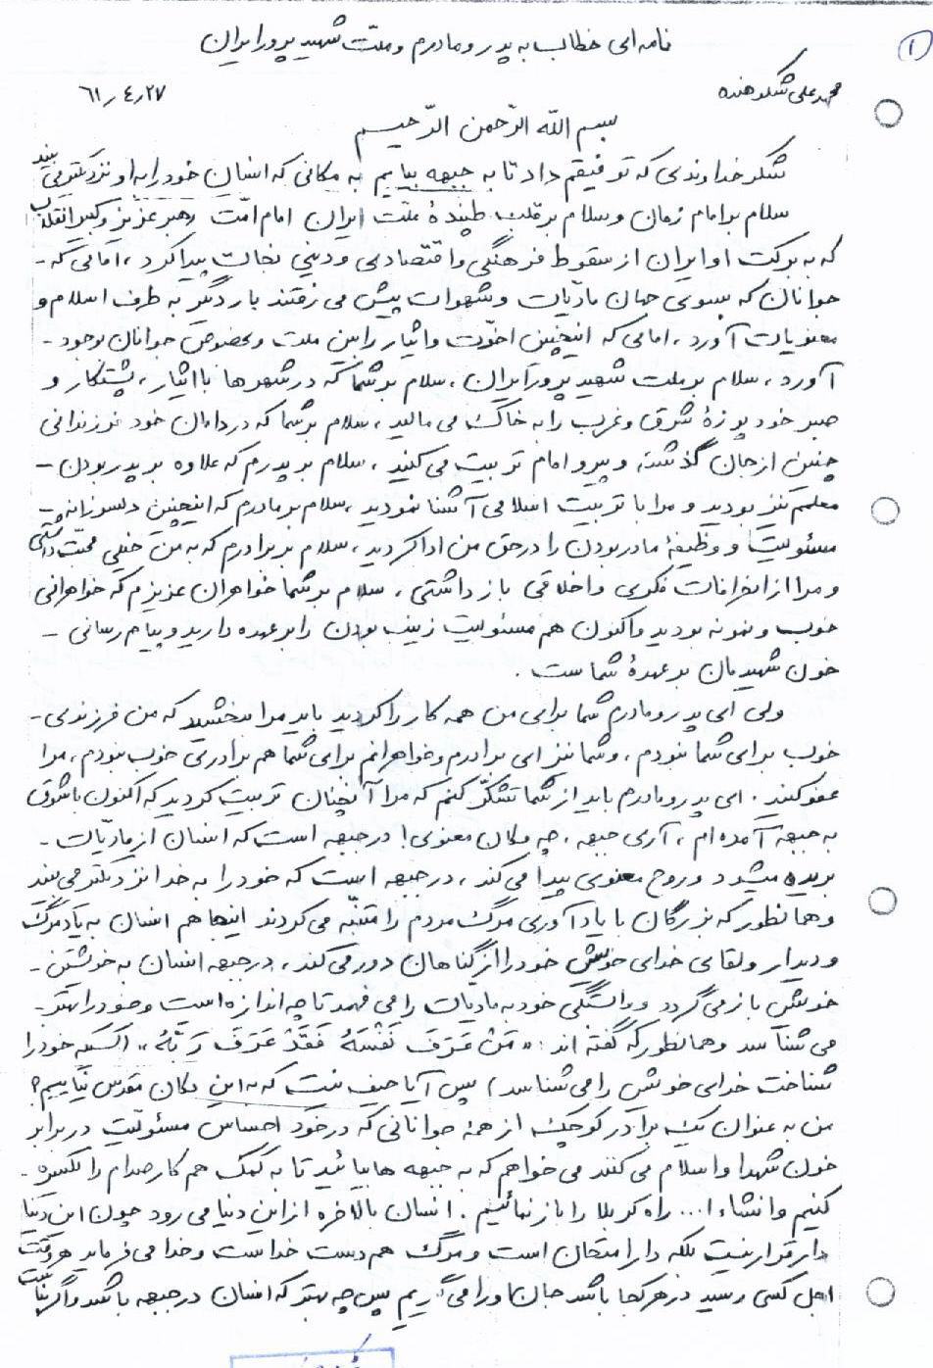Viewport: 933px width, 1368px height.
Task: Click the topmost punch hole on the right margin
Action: tap(888, 113)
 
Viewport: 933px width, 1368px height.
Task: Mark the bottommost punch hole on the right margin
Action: tap(888, 1292)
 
